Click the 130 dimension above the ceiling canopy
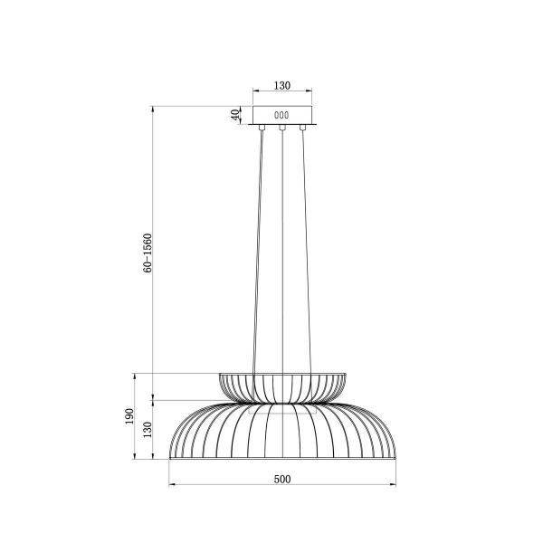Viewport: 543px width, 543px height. pos(281,85)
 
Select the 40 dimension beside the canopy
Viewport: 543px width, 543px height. pos(235,115)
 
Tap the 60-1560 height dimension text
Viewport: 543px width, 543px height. pos(148,252)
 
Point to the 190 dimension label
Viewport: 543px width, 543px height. pos(129,416)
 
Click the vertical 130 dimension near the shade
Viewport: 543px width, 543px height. pos(148,429)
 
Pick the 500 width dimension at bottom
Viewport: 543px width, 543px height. pos(282,480)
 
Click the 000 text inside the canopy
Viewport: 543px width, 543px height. pos(281,115)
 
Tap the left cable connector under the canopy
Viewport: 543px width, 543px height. pos(262,128)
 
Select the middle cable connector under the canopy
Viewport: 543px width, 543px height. pos(282,128)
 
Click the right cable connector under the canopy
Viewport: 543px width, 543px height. pos(302,128)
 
